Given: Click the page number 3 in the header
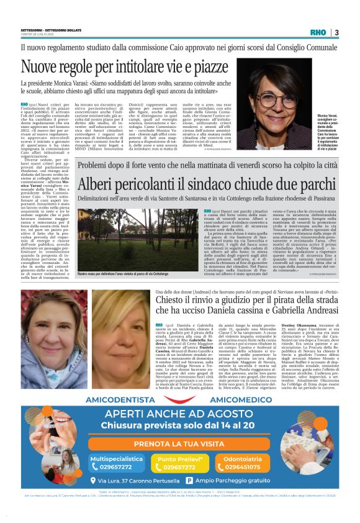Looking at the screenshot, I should click(x=336, y=32).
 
